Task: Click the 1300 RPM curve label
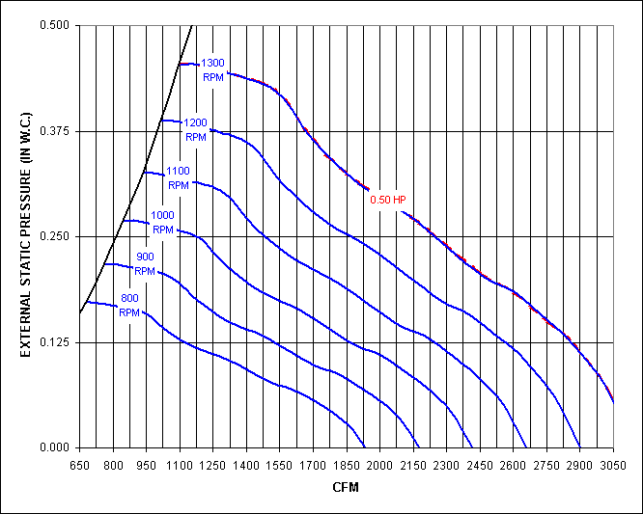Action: [213, 69]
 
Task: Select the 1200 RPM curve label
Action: [196, 129]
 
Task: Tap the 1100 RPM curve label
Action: [179, 177]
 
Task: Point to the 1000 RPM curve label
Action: [163, 223]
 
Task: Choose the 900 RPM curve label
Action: [145, 263]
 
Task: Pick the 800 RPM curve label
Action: [129, 305]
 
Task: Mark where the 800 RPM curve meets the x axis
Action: [365, 447]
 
